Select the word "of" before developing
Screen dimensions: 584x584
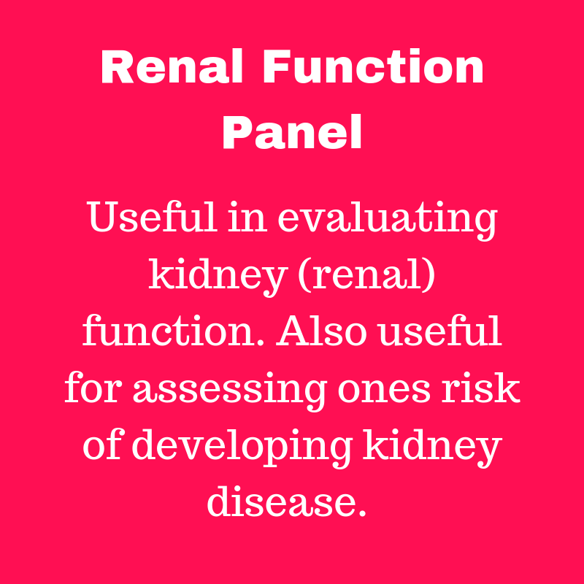(x=101, y=446)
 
